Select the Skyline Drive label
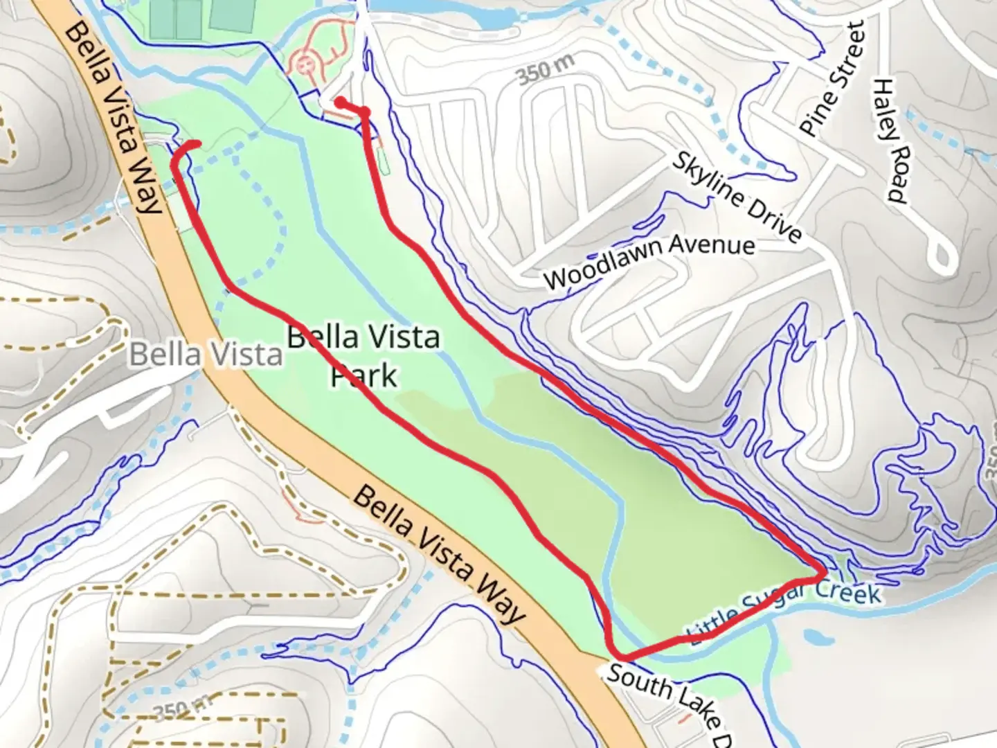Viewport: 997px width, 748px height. (737, 197)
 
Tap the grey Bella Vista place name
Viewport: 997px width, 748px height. (206, 355)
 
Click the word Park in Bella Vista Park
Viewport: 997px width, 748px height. (363, 376)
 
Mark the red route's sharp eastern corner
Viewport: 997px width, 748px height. (823, 573)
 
